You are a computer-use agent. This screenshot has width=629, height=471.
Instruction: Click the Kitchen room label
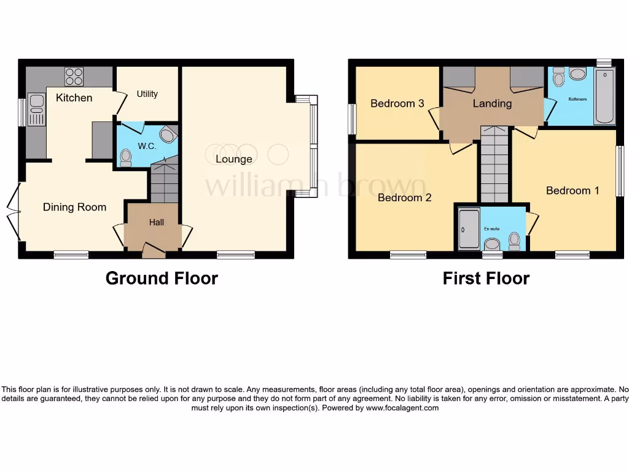click(74, 98)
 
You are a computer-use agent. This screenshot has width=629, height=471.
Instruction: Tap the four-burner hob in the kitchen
click(74, 77)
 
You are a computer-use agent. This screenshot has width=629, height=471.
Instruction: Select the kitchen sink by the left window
click(36, 111)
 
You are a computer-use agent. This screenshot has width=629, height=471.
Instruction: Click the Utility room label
click(147, 94)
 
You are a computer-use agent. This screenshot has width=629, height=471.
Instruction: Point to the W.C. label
click(146, 146)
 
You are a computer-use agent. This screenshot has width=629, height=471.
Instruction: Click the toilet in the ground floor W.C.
click(126, 158)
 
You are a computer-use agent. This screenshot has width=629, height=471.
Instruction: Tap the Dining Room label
click(74, 207)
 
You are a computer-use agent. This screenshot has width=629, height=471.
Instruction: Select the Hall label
click(157, 223)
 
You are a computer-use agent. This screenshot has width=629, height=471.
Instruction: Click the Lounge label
click(233, 159)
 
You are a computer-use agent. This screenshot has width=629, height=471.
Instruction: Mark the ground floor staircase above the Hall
click(164, 181)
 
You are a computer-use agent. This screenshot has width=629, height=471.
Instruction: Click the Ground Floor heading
click(162, 278)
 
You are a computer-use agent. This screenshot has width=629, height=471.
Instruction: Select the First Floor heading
click(486, 278)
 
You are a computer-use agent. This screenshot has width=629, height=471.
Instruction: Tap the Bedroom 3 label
click(397, 104)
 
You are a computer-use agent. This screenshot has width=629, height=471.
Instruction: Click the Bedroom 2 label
click(404, 197)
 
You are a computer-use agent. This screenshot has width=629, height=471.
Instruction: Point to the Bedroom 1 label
click(572, 191)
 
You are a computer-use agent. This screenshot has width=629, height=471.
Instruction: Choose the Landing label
click(492, 104)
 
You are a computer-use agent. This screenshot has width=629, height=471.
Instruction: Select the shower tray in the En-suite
click(469, 229)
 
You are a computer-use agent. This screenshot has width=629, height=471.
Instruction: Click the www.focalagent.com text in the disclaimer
click(402, 408)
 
